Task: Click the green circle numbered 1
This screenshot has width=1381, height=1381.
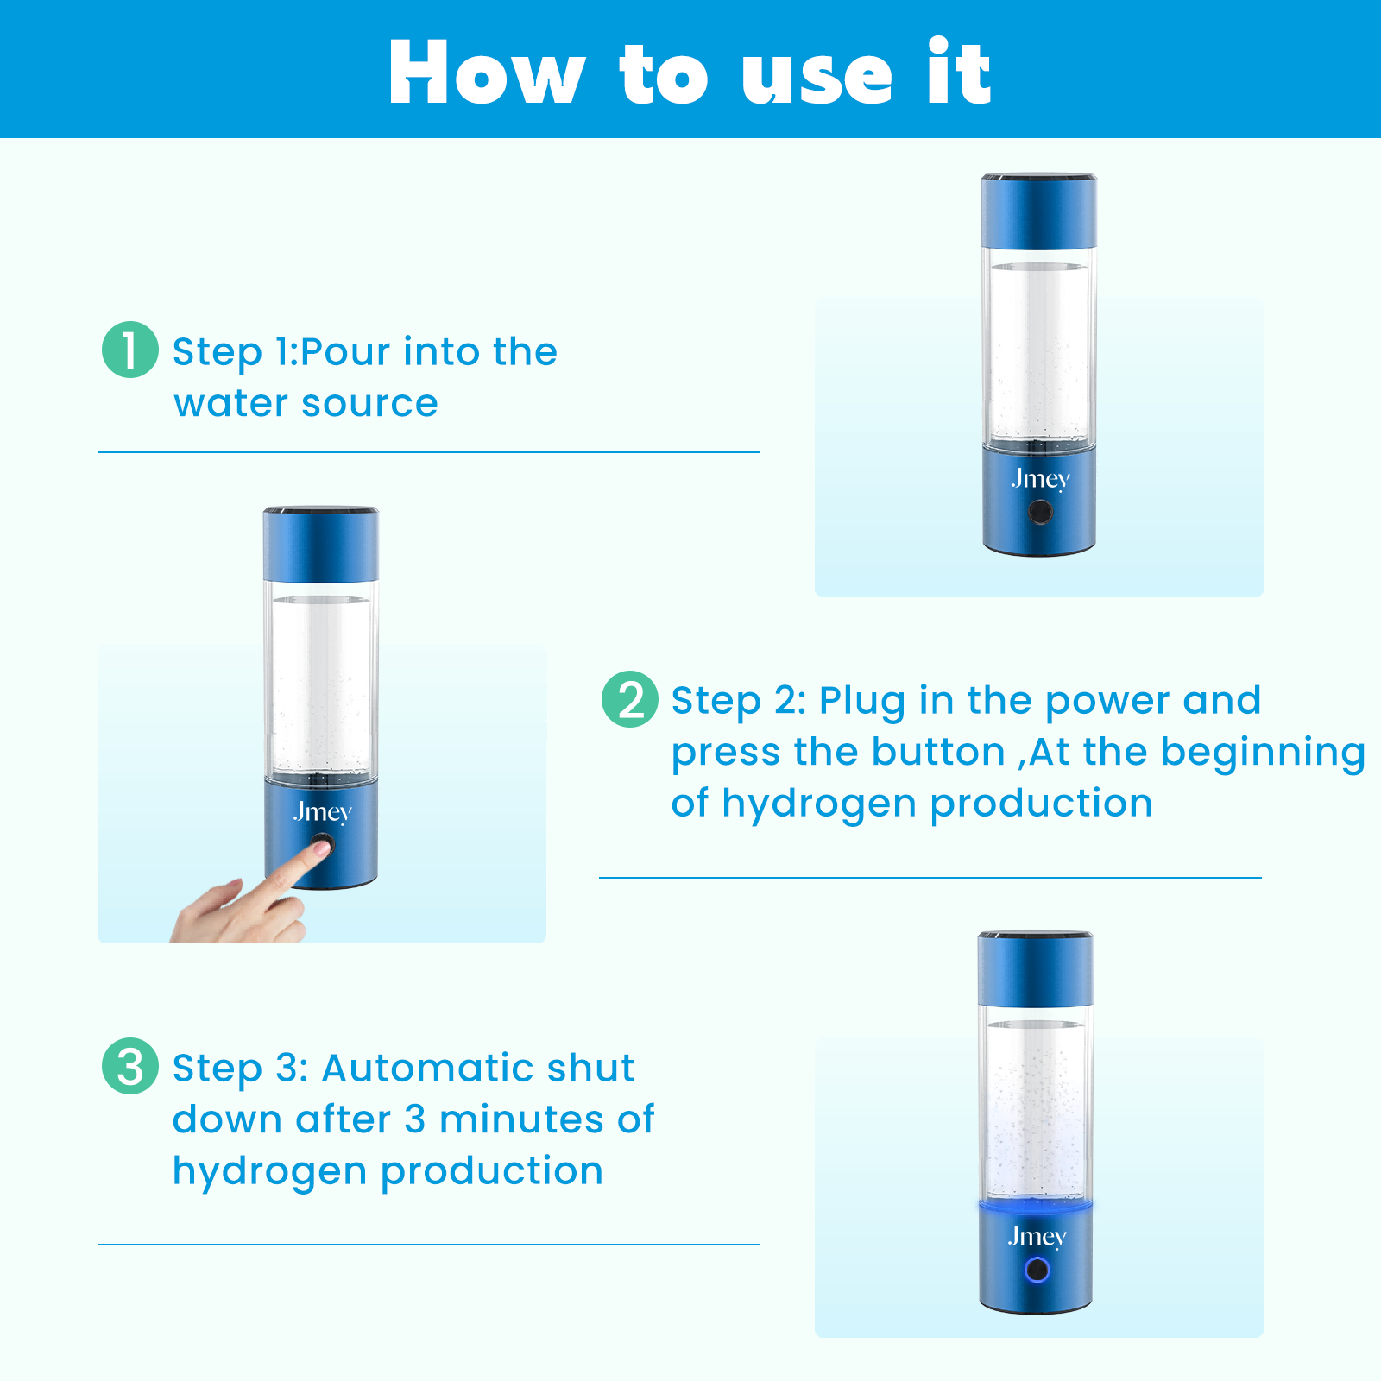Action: click(130, 350)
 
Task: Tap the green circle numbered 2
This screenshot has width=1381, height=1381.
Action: click(630, 699)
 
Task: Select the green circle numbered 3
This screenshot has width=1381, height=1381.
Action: click(130, 1066)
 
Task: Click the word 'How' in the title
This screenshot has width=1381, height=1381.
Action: click(487, 73)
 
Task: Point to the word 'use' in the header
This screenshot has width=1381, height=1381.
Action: click(817, 78)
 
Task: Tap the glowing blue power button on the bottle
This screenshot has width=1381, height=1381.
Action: click(1036, 1270)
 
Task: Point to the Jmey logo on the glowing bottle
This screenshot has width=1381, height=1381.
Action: click(1037, 1238)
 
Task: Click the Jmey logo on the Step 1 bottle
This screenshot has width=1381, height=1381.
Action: click(1041, 480)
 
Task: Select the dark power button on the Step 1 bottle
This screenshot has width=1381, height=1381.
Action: click(1040, 512)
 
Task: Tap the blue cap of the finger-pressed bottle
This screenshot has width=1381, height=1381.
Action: click(321, 544)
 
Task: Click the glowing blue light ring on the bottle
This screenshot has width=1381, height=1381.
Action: click(1036, 1205)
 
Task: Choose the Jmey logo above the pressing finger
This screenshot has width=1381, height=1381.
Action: click(323, 813)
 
